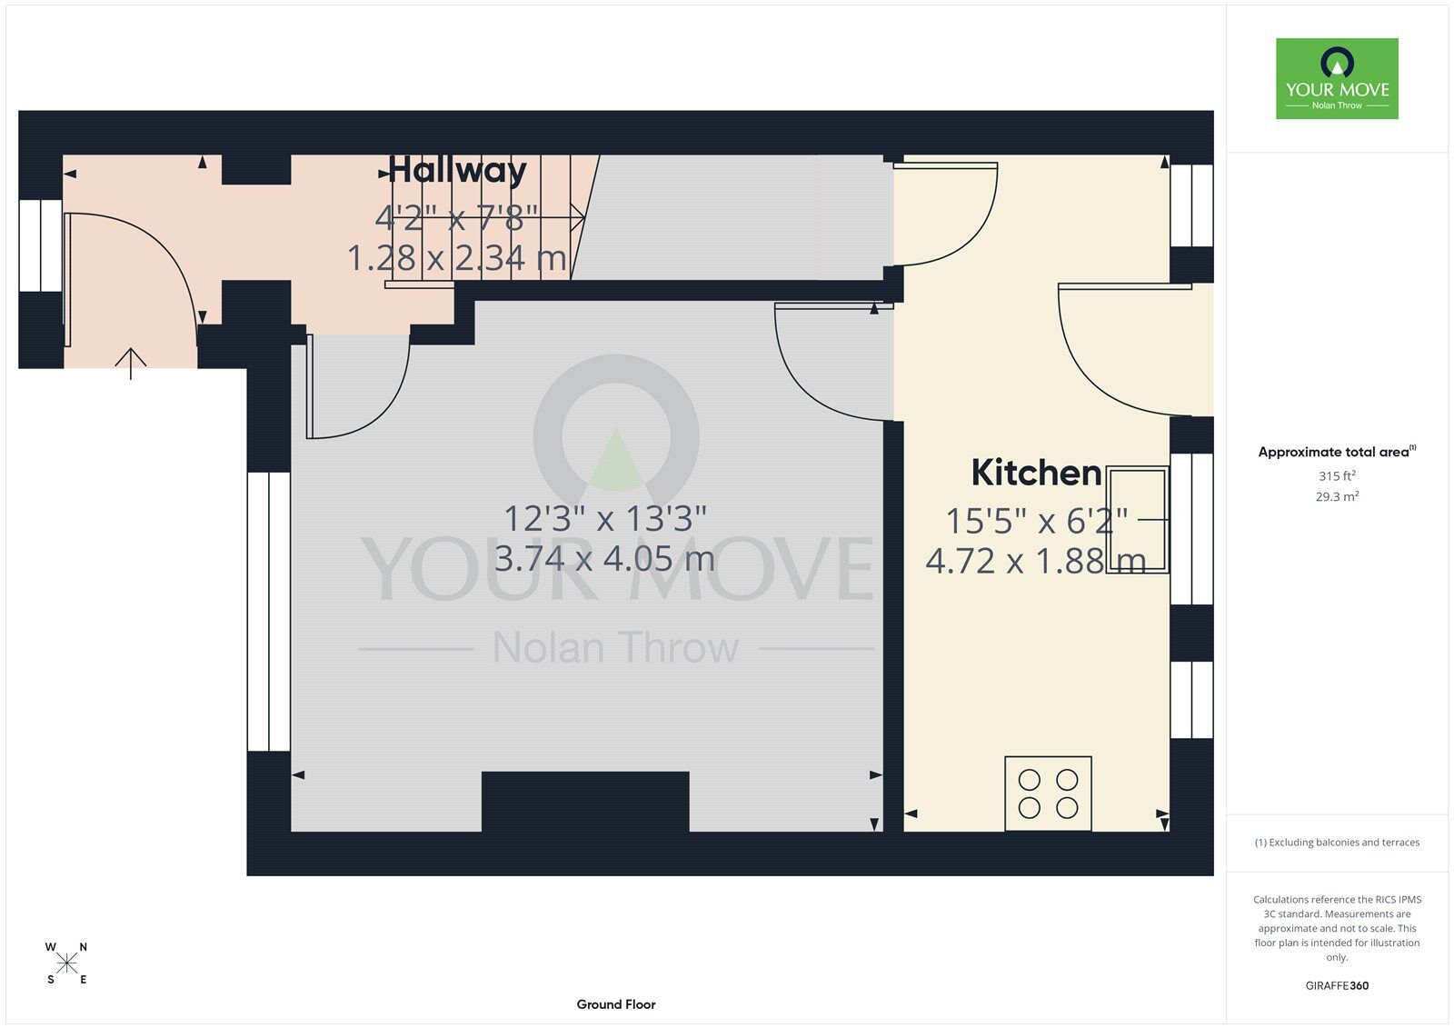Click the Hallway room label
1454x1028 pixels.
pos(457,170)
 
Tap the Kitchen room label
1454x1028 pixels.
pos(1036,473)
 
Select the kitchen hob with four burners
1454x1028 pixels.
pos(1049,793)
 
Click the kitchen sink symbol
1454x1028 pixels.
pos(1138,520)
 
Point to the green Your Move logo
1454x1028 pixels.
pos(1337,78)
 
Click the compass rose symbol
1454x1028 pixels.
pos(67,963)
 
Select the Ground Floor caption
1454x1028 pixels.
pos(616,1004)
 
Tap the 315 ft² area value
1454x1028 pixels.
pos(1337,476)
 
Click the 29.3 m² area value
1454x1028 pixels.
pos(1337,497)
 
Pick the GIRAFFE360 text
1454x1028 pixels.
pos(1337,985)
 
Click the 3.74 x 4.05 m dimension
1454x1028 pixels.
pos(604,558)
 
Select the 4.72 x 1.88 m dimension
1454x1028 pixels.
pos(1035,561)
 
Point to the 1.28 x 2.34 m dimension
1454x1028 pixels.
pos(457,258)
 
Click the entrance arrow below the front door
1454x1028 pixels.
pos(131,364)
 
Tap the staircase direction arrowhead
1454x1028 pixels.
pos(578,217)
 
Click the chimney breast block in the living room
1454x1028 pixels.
pos(585,802)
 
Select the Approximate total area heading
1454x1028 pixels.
pos(1337,452)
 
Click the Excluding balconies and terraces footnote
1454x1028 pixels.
pos(1337,843)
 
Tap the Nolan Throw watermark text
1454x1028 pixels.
pos(616,647)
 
